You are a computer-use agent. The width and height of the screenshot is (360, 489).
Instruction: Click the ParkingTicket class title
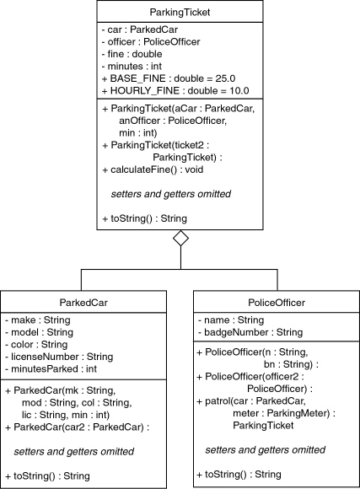(x=180, y=12)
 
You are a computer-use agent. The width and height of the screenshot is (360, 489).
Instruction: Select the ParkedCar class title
(x=83, y=303)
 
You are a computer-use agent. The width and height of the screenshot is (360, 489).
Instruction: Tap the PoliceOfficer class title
(x=277, y=303)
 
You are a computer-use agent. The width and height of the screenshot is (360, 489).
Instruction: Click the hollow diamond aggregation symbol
(x=181, y=239)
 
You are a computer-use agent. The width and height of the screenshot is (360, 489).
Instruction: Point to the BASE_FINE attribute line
(x=169, y=78)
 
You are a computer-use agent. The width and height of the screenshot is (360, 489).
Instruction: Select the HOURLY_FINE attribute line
(x=175, y=91)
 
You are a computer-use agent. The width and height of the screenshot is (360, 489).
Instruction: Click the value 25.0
(x=226, y=78)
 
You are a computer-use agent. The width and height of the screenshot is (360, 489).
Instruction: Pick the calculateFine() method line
(x=153, y=169)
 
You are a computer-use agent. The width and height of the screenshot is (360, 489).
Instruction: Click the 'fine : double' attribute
(x=132, y=54)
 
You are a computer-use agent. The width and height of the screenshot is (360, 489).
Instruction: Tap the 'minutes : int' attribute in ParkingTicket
(x=132, y=66)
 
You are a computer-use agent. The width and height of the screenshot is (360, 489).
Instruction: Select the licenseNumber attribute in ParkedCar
(x=59, y=357)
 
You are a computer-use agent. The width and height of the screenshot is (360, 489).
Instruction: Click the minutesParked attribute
(x=51, y=368)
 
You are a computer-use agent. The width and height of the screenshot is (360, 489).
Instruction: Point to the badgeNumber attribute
(x=250, y=332)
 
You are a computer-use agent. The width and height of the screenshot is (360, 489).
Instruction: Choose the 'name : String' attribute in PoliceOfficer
(x=231, y=320)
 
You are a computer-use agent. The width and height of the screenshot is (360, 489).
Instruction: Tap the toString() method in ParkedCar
(x=48, y=476)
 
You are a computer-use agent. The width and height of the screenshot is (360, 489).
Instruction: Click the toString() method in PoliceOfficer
(x=239, y=475)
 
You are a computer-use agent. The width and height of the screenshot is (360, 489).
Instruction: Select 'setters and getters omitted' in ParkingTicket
(x=171, y=194)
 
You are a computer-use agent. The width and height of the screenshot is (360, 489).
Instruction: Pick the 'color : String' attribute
(x=36, y=344)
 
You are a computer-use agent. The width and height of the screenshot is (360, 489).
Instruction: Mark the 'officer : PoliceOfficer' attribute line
(x=151, y=42)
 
